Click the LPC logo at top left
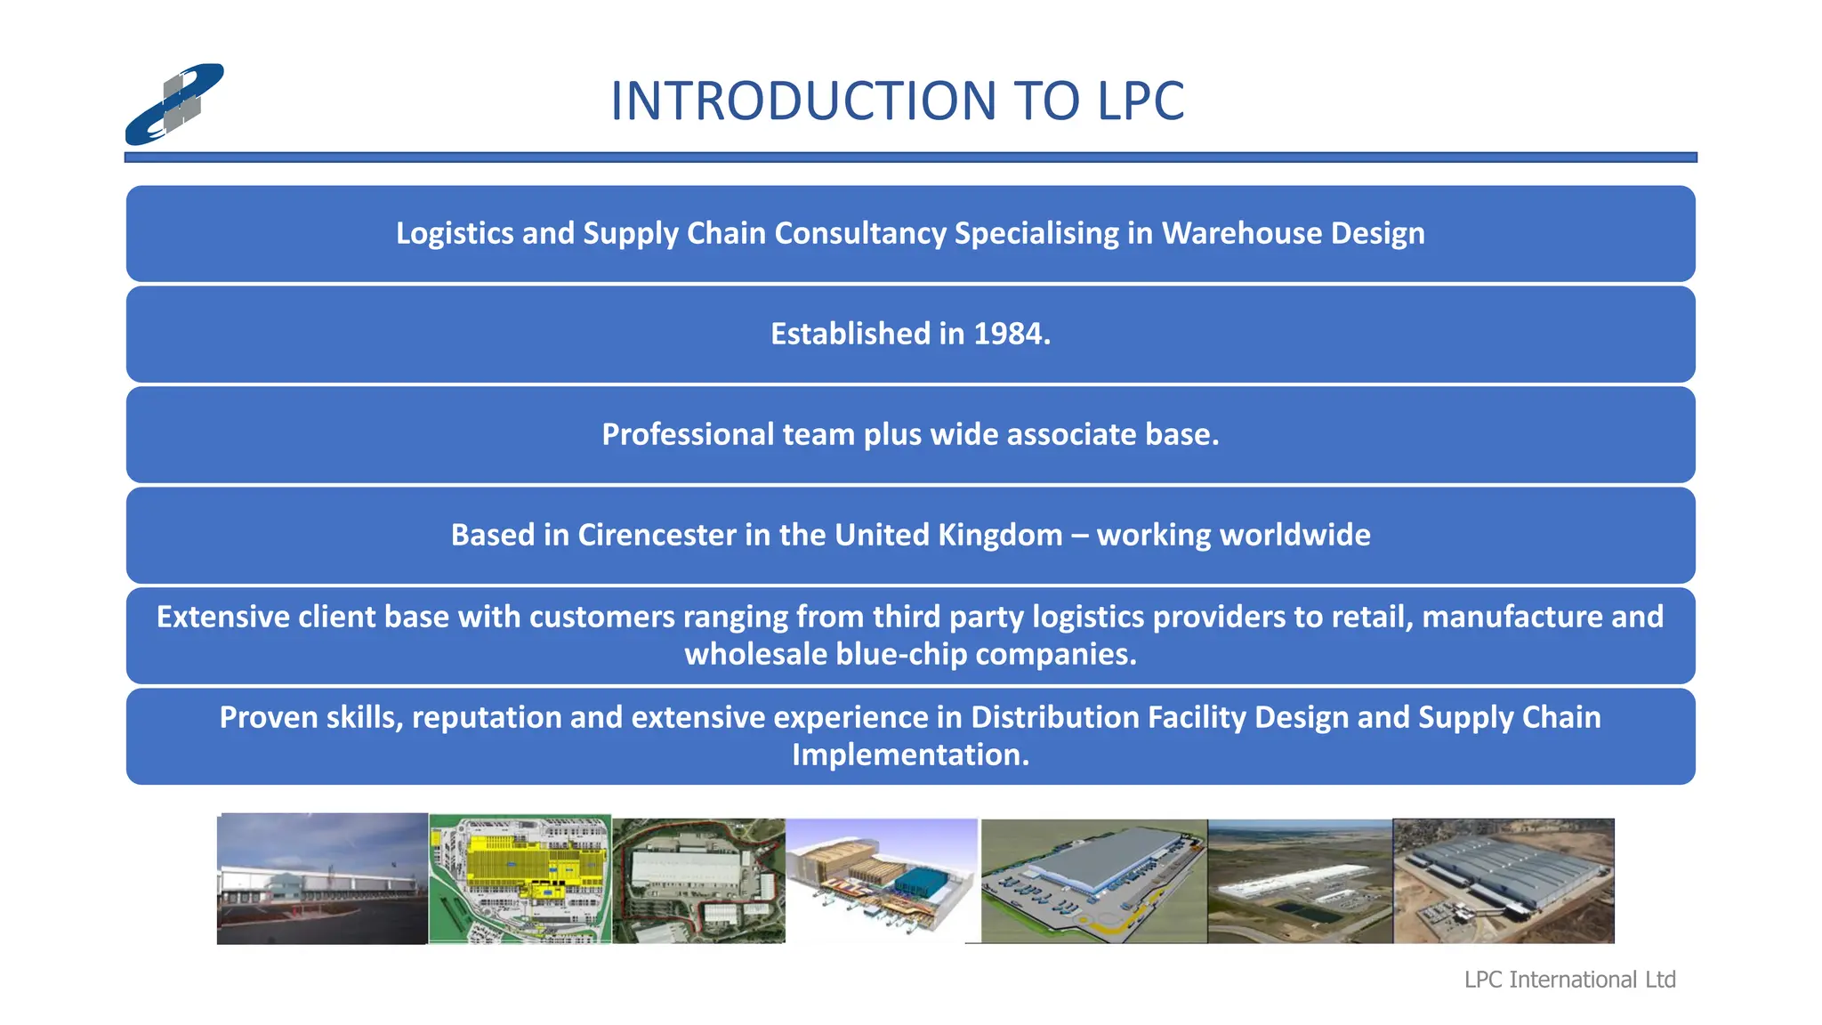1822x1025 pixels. pyautogui.click(x=174, y=104)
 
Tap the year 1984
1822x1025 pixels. pyautogui.click(x=1012, y=334)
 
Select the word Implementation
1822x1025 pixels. pyautogui.click(x=910, y=755)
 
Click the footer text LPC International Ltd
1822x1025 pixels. pyautogui.click(x=1569, y=980)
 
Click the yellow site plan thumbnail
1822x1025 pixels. pyautogui.click(x=520, y=879)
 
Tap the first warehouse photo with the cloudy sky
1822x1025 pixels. pyautogui.click(x=322, y=878)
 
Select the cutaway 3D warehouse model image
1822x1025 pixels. pyautogui.click(x=881, y=879)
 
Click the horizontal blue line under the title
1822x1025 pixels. pyautogui.click(x=910, y=157)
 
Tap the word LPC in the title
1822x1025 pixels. pyautogui.click(x=1141, y=101)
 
